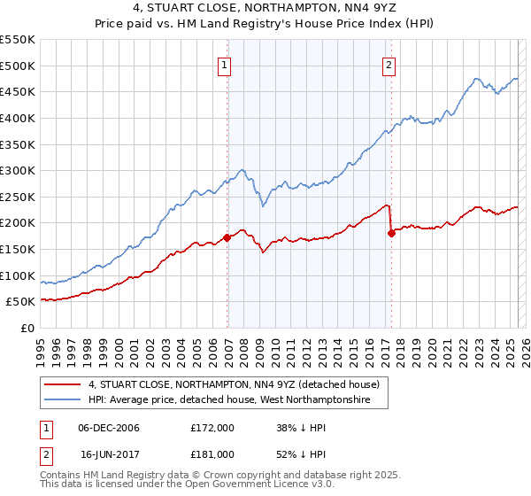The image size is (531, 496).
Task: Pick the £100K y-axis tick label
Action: [x=19, y=275]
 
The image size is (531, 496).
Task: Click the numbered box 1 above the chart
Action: [x=225, y=65]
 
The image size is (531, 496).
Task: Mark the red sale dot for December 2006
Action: [x=227, y=237]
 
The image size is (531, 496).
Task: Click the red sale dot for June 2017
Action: [x=392, y=233]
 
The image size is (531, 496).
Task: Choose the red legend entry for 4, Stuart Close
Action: [x=234, y=384]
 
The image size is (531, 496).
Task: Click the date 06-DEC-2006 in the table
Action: [x=108, y=428]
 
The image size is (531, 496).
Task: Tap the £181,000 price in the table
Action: [x=212, y=453]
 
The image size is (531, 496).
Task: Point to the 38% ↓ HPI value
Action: [x=301, y=428]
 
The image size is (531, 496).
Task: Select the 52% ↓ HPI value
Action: [x=301, y=453]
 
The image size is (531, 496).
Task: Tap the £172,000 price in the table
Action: [x=212, y=428]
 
